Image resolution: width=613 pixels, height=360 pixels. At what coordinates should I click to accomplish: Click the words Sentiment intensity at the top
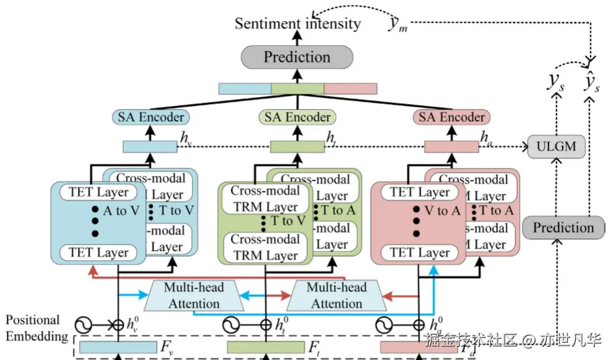297,24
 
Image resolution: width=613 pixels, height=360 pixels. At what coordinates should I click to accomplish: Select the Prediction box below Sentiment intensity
297,57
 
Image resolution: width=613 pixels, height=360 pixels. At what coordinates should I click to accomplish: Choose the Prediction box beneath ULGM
563,227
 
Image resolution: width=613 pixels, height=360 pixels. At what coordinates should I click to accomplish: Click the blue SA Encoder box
151,116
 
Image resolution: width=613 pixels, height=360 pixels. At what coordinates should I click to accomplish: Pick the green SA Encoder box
297,116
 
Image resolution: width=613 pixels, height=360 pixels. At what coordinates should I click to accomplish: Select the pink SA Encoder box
451,116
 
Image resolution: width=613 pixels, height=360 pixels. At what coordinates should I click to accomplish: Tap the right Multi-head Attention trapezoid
337,296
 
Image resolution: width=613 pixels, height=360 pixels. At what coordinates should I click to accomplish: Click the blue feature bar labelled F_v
118,347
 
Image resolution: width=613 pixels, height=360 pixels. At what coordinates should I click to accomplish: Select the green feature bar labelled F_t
266,347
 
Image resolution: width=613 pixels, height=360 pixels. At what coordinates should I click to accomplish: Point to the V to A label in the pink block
442,211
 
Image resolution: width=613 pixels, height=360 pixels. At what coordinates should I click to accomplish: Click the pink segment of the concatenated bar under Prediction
350,89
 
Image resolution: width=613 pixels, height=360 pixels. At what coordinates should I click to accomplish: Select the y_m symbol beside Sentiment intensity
396,24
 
